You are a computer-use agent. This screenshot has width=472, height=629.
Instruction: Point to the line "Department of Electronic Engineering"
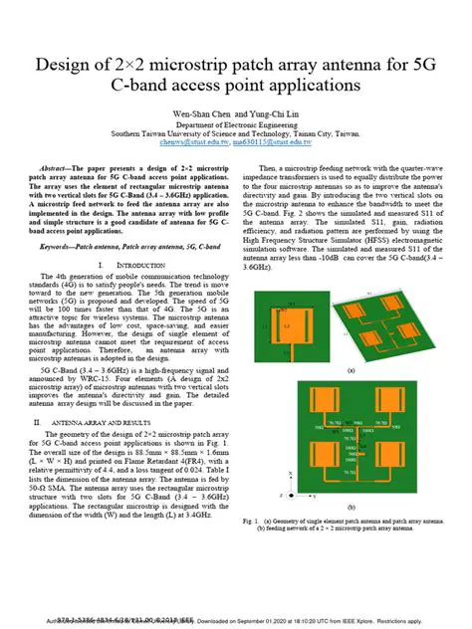pos(236,123)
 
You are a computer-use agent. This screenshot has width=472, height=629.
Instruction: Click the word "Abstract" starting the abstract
pos(54,171)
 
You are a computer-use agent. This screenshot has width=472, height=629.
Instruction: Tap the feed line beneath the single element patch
pos(289,349)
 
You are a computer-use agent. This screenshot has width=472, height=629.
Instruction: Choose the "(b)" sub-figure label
pos(348,530)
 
